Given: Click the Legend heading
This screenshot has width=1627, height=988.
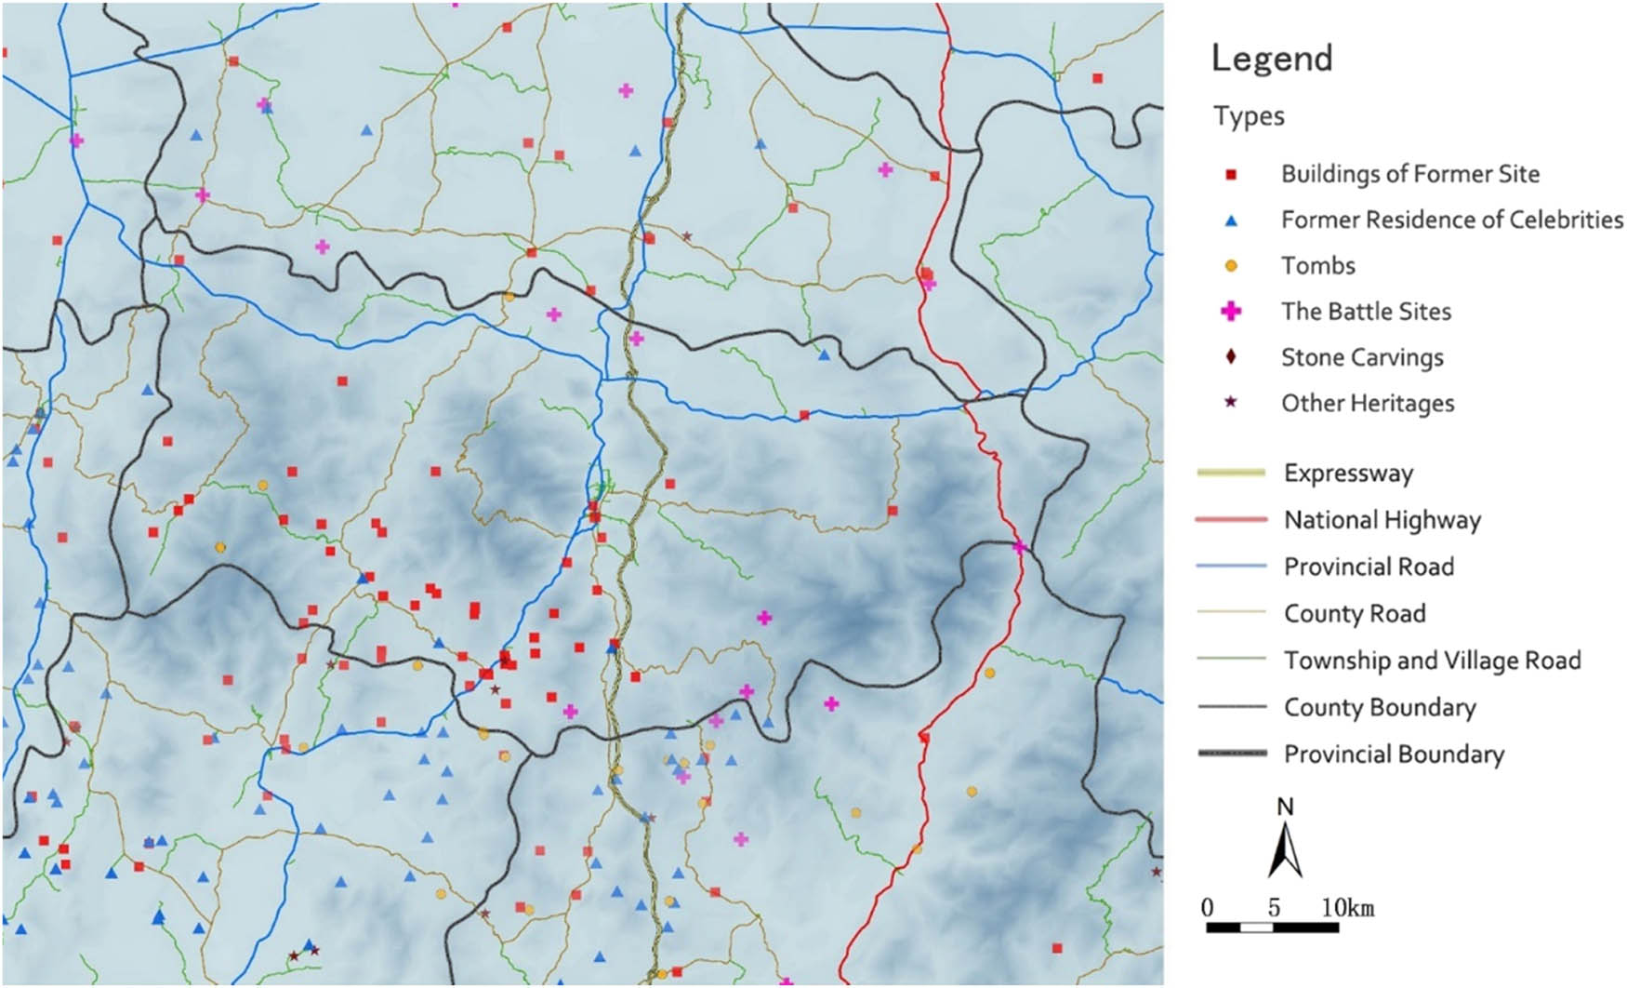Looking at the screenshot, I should point(1271,59).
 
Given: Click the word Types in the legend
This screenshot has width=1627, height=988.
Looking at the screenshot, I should point(1249,116).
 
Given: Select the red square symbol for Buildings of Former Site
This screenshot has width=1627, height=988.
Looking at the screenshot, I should point(1231,174).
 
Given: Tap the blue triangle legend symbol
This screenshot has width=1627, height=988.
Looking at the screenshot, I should point(1231,220).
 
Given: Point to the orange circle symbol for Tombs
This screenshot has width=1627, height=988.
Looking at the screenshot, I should point(1231,266).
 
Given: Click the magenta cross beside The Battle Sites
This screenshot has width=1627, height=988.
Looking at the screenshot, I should point(1231,311).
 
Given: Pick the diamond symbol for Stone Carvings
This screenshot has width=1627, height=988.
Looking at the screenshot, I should point(1231,356).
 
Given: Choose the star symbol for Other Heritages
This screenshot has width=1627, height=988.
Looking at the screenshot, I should point(1231,402).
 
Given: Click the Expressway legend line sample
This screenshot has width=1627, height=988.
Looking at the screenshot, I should point(1231,473).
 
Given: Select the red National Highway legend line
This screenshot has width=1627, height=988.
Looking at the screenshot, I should point(1231,519).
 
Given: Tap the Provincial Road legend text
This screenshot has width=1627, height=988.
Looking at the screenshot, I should point(1369,567).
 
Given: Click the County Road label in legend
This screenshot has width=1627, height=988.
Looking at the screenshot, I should point(1355,614).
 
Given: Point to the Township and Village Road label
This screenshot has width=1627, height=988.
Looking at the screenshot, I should point(1432,661).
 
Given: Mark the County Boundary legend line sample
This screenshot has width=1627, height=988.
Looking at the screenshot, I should point(1231,707).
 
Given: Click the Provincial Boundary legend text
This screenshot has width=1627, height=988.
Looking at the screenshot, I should point(1394,754).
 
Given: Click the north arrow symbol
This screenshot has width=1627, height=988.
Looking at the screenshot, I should point(1285,851).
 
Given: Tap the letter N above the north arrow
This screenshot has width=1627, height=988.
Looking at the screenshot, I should point(1285,806).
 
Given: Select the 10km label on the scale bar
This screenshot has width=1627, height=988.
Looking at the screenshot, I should point(1347,908).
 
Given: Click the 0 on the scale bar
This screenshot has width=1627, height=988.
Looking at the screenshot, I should point(1208,908).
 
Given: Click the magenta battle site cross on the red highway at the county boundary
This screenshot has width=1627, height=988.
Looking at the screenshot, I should point(1019,547).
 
